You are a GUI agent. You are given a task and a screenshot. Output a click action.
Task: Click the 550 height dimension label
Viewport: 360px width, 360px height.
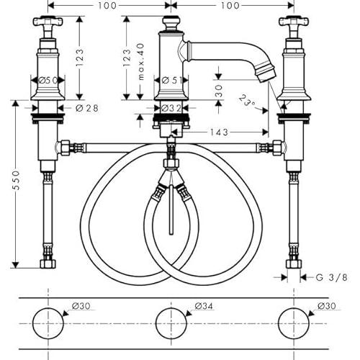(x=17, y=180)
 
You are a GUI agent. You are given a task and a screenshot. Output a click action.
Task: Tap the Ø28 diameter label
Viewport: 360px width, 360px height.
(x=87, y=108)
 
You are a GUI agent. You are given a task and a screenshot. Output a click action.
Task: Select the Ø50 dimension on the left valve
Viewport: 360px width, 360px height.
(x=48, y=80)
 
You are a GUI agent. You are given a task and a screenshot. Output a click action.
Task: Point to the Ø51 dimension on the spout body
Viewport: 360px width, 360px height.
(x=171, y=80)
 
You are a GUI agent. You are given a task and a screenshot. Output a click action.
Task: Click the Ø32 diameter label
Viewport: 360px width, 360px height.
(x=171, y=108)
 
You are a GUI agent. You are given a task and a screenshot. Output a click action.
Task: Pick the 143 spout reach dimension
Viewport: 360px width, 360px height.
(x=219, y=132)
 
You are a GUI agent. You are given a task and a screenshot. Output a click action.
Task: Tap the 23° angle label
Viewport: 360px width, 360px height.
(x=247, y=101)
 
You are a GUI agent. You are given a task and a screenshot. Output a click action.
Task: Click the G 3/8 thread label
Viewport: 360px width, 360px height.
(x=331, y=277)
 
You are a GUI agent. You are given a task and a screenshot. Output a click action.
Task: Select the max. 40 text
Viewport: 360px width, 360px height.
(x=141, y=61)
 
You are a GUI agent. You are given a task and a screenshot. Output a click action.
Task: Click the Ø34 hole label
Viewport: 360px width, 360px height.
(x=204, y=306)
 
